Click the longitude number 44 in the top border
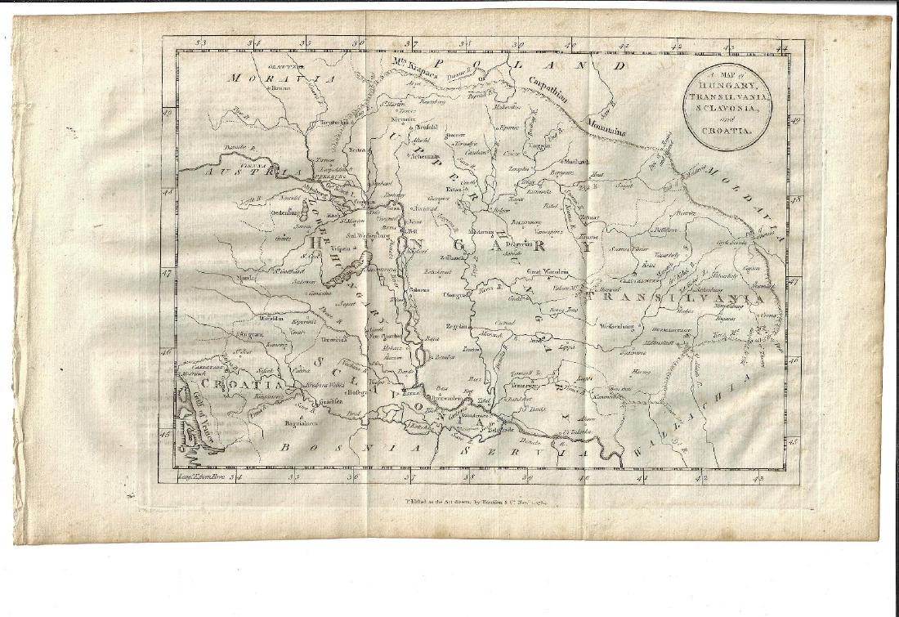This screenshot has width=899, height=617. [781, 48]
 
